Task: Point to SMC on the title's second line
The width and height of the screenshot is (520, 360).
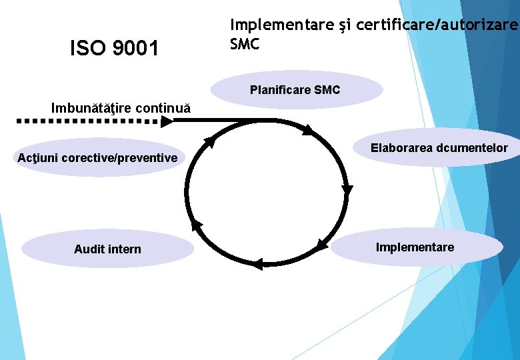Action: (245, 44)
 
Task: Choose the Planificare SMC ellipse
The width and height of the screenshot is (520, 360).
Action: (297, 89)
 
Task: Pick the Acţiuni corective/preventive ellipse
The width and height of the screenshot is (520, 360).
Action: (97, 158)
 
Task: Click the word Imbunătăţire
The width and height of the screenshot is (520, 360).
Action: (92, 108)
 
